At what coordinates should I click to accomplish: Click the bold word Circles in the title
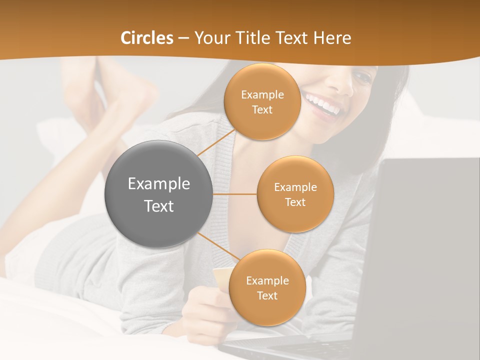point(146,38)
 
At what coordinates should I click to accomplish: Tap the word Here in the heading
point(332,38)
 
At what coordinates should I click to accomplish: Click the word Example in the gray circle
point(159,184)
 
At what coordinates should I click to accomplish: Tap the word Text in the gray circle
point(159,206)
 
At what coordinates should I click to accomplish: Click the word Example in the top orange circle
point(262,94)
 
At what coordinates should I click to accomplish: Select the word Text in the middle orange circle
point(295,202)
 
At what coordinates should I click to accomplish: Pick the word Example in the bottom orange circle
point(267,280)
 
